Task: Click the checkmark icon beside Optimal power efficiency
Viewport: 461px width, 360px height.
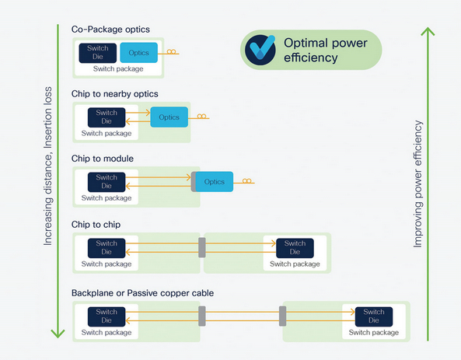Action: (260, 50)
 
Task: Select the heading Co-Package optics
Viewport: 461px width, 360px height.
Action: (110, 30)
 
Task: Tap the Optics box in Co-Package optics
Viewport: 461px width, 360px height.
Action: (139, 53)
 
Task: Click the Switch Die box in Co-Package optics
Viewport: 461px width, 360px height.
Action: (98, 53)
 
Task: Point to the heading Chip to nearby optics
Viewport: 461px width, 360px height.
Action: (114, 94)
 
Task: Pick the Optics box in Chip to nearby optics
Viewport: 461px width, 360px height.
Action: (169, 117)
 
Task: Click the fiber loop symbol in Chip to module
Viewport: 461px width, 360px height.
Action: (247, 181)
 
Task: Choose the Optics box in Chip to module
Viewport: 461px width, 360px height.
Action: (215, 182)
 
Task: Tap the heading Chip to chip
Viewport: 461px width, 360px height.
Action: (96, 225)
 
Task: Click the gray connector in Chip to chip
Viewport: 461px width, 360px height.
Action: (202, 248)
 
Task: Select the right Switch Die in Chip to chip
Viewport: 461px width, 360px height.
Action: (295, 248)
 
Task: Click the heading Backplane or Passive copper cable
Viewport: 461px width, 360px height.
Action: (142, 293)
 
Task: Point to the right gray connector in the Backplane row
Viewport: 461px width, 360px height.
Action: (282, 316)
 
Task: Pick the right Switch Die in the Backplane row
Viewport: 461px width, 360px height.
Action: (374, 316)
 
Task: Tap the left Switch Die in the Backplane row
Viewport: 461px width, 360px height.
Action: (107, 316)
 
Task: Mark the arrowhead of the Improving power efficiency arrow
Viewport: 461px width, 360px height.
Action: (428, 30)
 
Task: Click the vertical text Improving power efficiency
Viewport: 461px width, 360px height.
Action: (417, 183)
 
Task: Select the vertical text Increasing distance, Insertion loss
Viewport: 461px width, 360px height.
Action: (47, 166)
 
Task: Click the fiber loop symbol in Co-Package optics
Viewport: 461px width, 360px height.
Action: (171, 52)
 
